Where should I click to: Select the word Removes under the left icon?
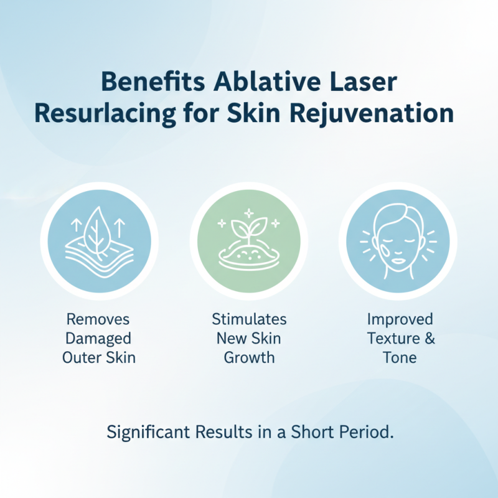(x=99, y=319)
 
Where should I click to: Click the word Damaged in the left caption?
(x=99, y=339)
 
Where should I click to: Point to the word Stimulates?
(x=249, y=319)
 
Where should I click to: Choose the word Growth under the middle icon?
(x=249, y=358)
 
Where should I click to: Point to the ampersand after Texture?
(x=429, y=339)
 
